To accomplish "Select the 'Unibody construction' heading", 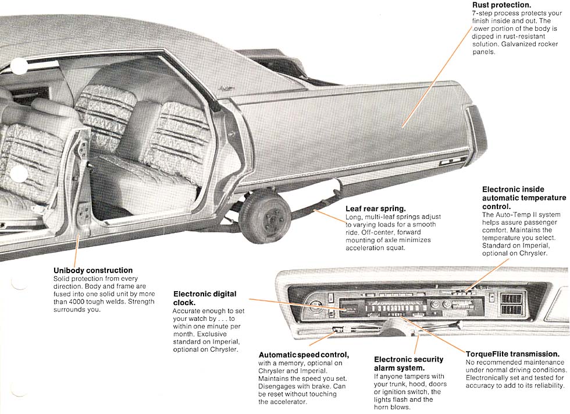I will pyautogui.click(x=93, y=270).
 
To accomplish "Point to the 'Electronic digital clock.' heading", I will pyautogui.click(x=204, y=298).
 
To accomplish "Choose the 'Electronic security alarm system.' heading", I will pyautogui.click(x=408, y=363).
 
